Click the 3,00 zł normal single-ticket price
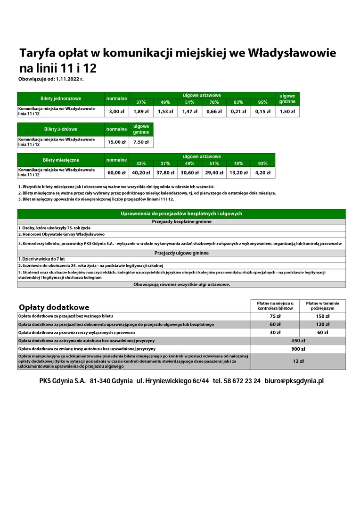coord(116,112)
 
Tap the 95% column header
coord(263,102)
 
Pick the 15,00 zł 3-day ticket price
coord(116,142)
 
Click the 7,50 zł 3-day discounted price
coord(141,142)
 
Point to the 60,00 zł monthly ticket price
coord(116,173)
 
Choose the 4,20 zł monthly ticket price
coord(263,173)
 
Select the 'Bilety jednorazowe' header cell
coord(61,99)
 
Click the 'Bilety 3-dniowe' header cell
coord(61,129)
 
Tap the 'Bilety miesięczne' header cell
coord(61,160)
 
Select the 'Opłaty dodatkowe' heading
coord(54,307)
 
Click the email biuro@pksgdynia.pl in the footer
coord(294,380)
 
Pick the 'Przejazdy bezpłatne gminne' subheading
coord(181,222)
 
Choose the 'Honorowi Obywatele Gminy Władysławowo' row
coord(61,234)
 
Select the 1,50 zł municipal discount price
coord(287,112)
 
